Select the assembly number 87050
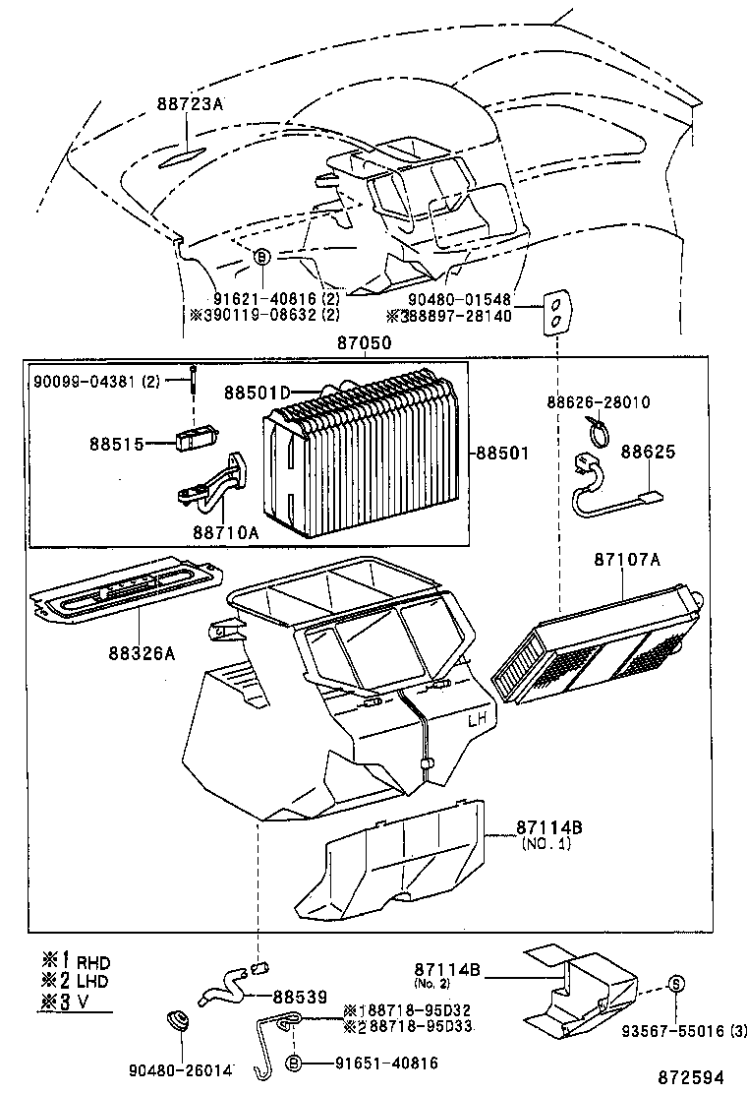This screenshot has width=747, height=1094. [365, 344]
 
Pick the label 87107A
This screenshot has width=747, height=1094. [626, 560]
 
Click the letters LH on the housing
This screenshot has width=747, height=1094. [477, 720]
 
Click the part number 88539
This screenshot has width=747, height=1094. [300, 996]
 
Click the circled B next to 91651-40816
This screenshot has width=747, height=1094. [293, 1063]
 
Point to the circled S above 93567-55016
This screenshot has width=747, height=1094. [676, 983]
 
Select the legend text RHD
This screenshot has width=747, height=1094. [93, 961]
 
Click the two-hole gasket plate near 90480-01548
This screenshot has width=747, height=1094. [556, 312]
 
